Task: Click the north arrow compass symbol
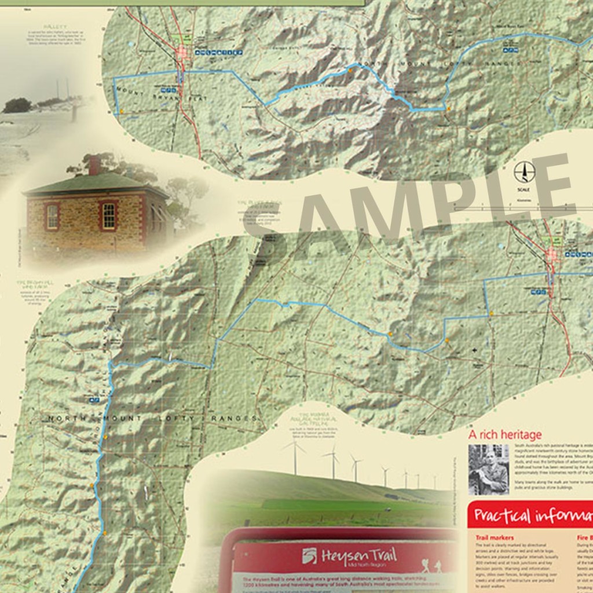524,172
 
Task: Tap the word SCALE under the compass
524,189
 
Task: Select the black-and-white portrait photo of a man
488,469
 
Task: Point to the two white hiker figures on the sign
431,565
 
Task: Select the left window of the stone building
52,217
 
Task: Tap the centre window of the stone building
108,215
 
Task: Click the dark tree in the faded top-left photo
17,105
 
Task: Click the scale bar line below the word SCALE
524,205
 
